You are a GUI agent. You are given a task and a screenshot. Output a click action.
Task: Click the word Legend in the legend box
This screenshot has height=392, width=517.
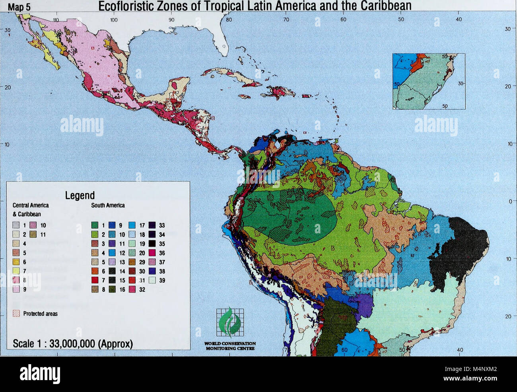click(x=80, y=195)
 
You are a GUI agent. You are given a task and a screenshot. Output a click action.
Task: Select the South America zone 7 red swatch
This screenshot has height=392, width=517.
click(x=95, y=280)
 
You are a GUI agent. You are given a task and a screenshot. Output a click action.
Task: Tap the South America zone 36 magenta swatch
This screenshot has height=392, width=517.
click(x=152, y=253)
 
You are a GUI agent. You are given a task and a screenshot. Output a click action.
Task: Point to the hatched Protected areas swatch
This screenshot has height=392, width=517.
click(x=16, y=313)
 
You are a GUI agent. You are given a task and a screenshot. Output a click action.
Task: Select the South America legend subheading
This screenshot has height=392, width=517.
click(x=108, y=206)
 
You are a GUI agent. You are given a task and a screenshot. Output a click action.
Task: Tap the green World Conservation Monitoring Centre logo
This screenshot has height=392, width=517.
click(x=230, y=322)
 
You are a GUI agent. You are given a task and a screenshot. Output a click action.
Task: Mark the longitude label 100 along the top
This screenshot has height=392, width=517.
click(x=114, y=19)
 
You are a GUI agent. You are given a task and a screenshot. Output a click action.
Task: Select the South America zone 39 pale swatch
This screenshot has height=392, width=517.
click(x=152, y=280)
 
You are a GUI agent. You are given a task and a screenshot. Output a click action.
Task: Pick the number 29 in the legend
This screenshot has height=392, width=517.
click(x=142, y=262)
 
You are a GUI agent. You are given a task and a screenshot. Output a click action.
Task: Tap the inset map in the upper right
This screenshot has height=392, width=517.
click(x=429, y=81)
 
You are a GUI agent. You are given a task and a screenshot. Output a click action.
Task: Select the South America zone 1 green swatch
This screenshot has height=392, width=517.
click(x=95, y=225)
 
